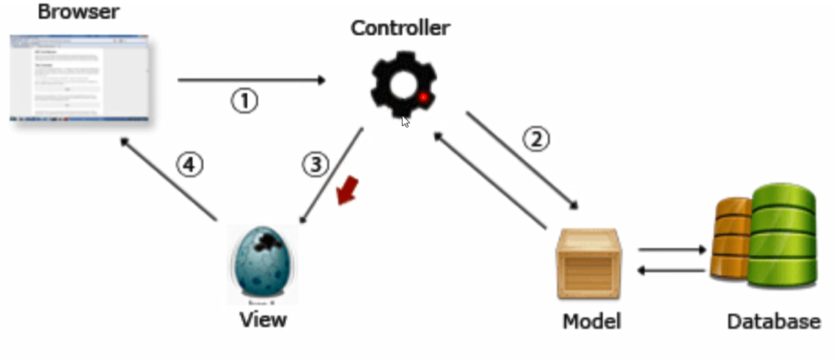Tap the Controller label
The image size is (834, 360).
tap(400, 29)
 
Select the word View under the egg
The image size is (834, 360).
tap(263, 320)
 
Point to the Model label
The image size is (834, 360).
tap(591, 321)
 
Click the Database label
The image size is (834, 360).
tap(773, 321)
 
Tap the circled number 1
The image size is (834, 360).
tap(245, 100)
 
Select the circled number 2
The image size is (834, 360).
tap(536, 139)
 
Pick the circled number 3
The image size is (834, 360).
tap(315, 165)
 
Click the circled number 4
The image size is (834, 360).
tap(189, 166)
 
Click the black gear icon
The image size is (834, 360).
tap(402, 87)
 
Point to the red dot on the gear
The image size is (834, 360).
tap(423, 97)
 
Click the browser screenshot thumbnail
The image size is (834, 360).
tap(79, 78)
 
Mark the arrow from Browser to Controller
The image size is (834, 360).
tap(252, 80)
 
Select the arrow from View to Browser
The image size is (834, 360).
tap(169, 179)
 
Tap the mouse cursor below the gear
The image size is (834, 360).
tap(406, 122)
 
